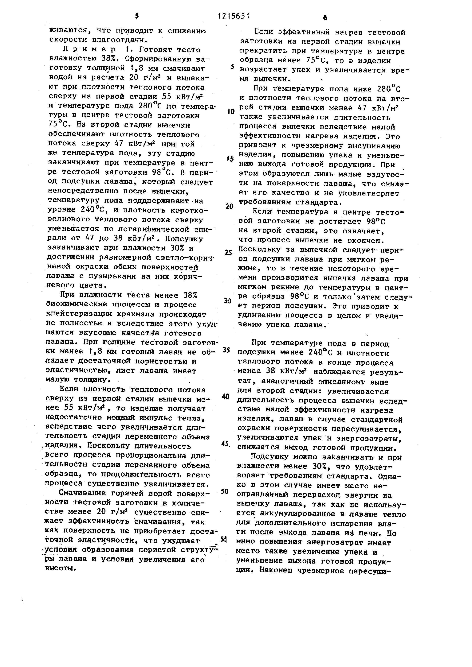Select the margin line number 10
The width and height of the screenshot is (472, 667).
tap(231, 112)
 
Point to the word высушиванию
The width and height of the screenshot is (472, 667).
tap(373, 146)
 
